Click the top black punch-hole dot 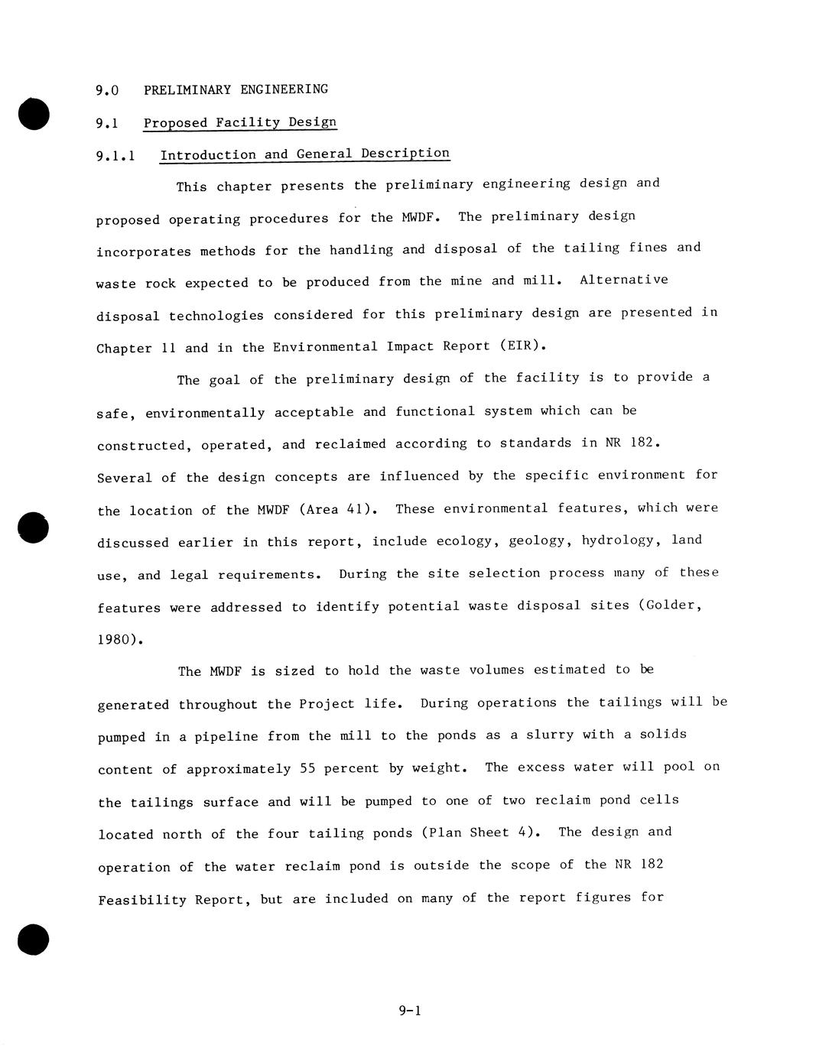pos(34,114)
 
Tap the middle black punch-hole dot pos(34,527)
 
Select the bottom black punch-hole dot pos(34,939)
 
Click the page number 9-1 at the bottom pos(410,1011)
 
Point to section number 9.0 pos(107,90)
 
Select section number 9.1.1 pos(115,156)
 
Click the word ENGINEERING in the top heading pos(284,89)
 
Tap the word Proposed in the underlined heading pos(175,123)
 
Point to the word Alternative pos(623,280)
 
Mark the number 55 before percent pos(308,768)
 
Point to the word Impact pos(411,346)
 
